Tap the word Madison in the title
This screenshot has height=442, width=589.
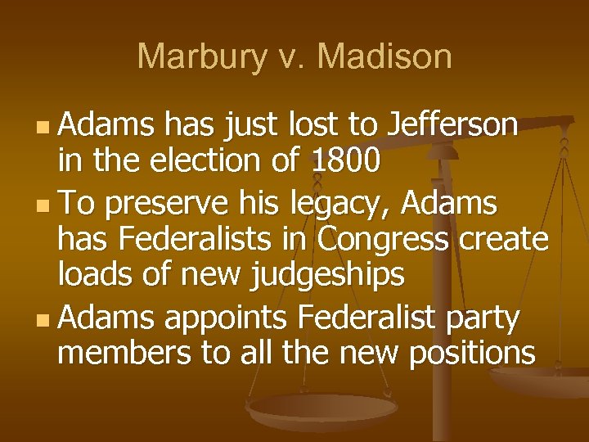(384, 56)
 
